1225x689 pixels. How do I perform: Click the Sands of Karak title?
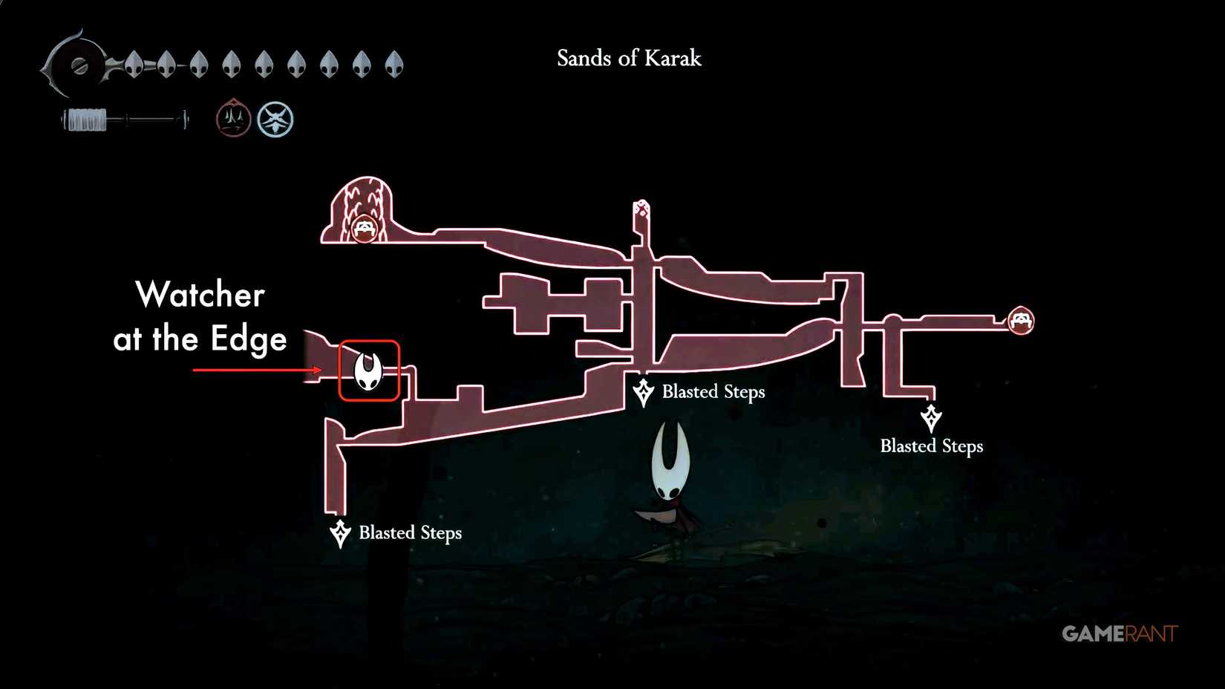coord(629,59)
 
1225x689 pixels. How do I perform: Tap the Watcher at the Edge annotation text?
coord(200,317)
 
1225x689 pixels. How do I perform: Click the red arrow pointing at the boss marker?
coord(257,370)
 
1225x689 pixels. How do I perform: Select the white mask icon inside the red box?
coord(367,370)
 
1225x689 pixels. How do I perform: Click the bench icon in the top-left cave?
coord(364,228)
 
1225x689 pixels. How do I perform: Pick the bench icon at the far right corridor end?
coord(1021,321)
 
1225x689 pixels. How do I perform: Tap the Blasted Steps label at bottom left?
coord(410,533)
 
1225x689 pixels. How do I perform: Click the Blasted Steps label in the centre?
coord(713,392)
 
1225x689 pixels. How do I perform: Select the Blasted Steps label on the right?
coord(932,446)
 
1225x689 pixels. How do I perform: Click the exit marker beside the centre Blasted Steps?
coord(643,392)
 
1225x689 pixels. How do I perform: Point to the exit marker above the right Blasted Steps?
coord(931,417)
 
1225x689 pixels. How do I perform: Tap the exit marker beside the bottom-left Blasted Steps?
coord(340,533)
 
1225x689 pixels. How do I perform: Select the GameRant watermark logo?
coord(1119,633)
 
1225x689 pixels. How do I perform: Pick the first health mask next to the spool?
coord(134,65)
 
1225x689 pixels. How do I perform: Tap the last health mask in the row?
coord(394,65)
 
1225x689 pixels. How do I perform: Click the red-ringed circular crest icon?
coord(233,119)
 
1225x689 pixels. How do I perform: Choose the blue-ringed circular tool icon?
coord(275,120)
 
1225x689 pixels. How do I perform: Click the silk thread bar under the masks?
coord(125,120)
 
